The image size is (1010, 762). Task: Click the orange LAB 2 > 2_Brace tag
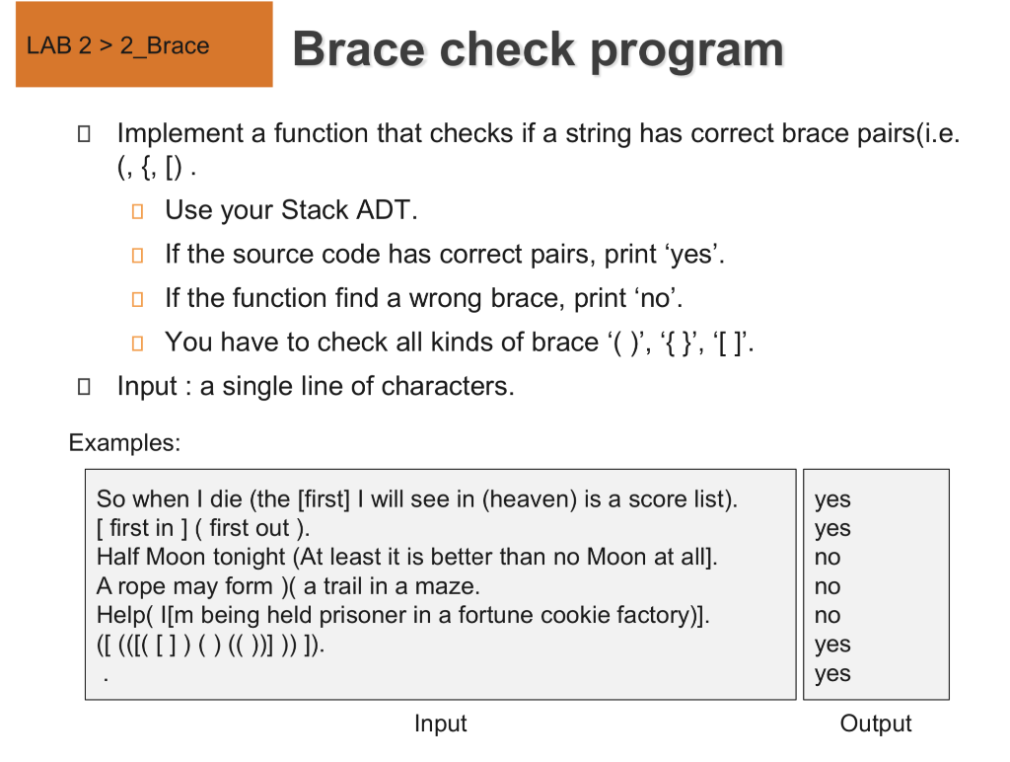coord(144,45)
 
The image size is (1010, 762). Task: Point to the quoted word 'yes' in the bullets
coord(694,255)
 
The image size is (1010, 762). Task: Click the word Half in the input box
coord(118,557)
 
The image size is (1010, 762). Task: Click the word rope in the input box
coord(145,586)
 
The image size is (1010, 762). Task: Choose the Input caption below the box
coord(440,724)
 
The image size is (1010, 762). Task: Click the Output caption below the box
coord(876,724)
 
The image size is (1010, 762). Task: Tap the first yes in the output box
coord(832,500)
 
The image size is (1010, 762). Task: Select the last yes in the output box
coord(832,674)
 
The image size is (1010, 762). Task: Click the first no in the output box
coord(828,558)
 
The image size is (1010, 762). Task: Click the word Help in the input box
coord(118,615)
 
